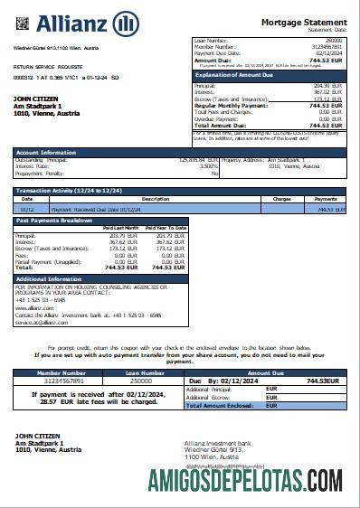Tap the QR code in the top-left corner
(22, 18)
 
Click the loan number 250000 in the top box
(334, 41)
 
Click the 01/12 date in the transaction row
(27, 209)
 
